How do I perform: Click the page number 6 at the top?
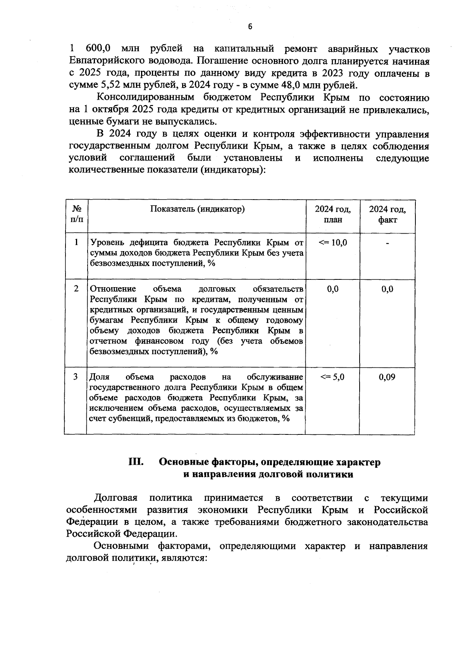(x=250, y=26)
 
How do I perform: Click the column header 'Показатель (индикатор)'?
(x=197, y=209)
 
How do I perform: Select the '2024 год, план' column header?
(x=332, y=214)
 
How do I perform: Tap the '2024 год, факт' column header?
(x=387, y=214)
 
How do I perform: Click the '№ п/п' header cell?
(x=76, y=214)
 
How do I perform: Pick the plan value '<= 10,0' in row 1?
(x=332, y=243)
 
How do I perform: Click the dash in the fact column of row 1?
(x=387, y=243)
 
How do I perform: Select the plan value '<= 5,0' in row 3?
(x=332, y=377)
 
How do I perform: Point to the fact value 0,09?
(x=387, y=377)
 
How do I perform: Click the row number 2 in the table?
(x=76, y=289)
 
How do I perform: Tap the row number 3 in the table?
(x=76, y=377)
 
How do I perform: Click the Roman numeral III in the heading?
(x=136, y=462)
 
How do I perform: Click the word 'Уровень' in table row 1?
(x=104, y=243)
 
